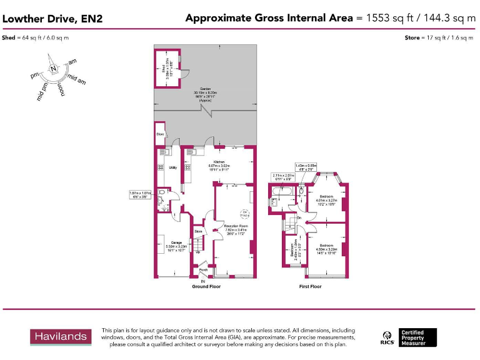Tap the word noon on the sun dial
pyautogui.click(x=62, y=89)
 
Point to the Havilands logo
pyautogui.click(x=61, y=337)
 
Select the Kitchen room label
pyautogui.click(x=219, y=161)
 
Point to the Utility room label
pyautogui.click(x=173, y=167)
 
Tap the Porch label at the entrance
pyautogui.click(x=203, y=270)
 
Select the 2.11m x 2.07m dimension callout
pyautogui.click(x=282, y=177)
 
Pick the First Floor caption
pyautogui.click(x=311, y=286)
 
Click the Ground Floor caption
pyautogui.click(x=206, y=286)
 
